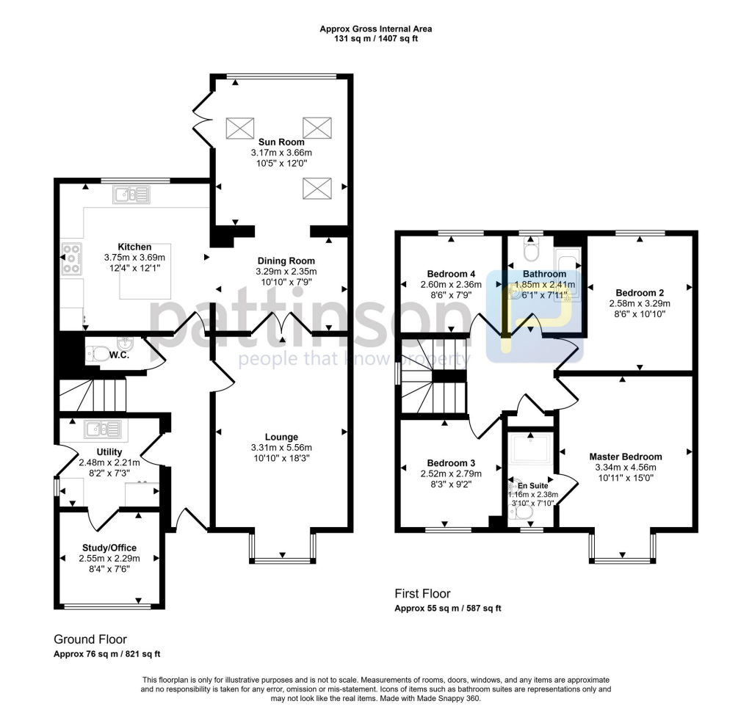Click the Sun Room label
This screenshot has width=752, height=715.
point(281,142)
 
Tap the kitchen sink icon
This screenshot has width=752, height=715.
point(131,195)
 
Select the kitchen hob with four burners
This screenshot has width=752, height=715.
point(72,259)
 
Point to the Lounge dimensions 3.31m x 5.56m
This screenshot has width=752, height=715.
point(281,448)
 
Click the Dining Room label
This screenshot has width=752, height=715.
point(286,261)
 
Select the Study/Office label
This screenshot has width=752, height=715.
point(109,548)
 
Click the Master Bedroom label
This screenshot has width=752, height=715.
point(626,456)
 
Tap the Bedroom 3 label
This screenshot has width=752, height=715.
point(451,463)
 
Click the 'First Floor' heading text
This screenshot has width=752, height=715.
point(422,594)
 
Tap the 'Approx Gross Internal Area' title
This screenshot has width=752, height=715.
point(375,29)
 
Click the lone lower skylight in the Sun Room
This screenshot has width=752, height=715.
point(317,189)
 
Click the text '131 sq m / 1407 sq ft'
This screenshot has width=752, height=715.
point(375,39)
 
